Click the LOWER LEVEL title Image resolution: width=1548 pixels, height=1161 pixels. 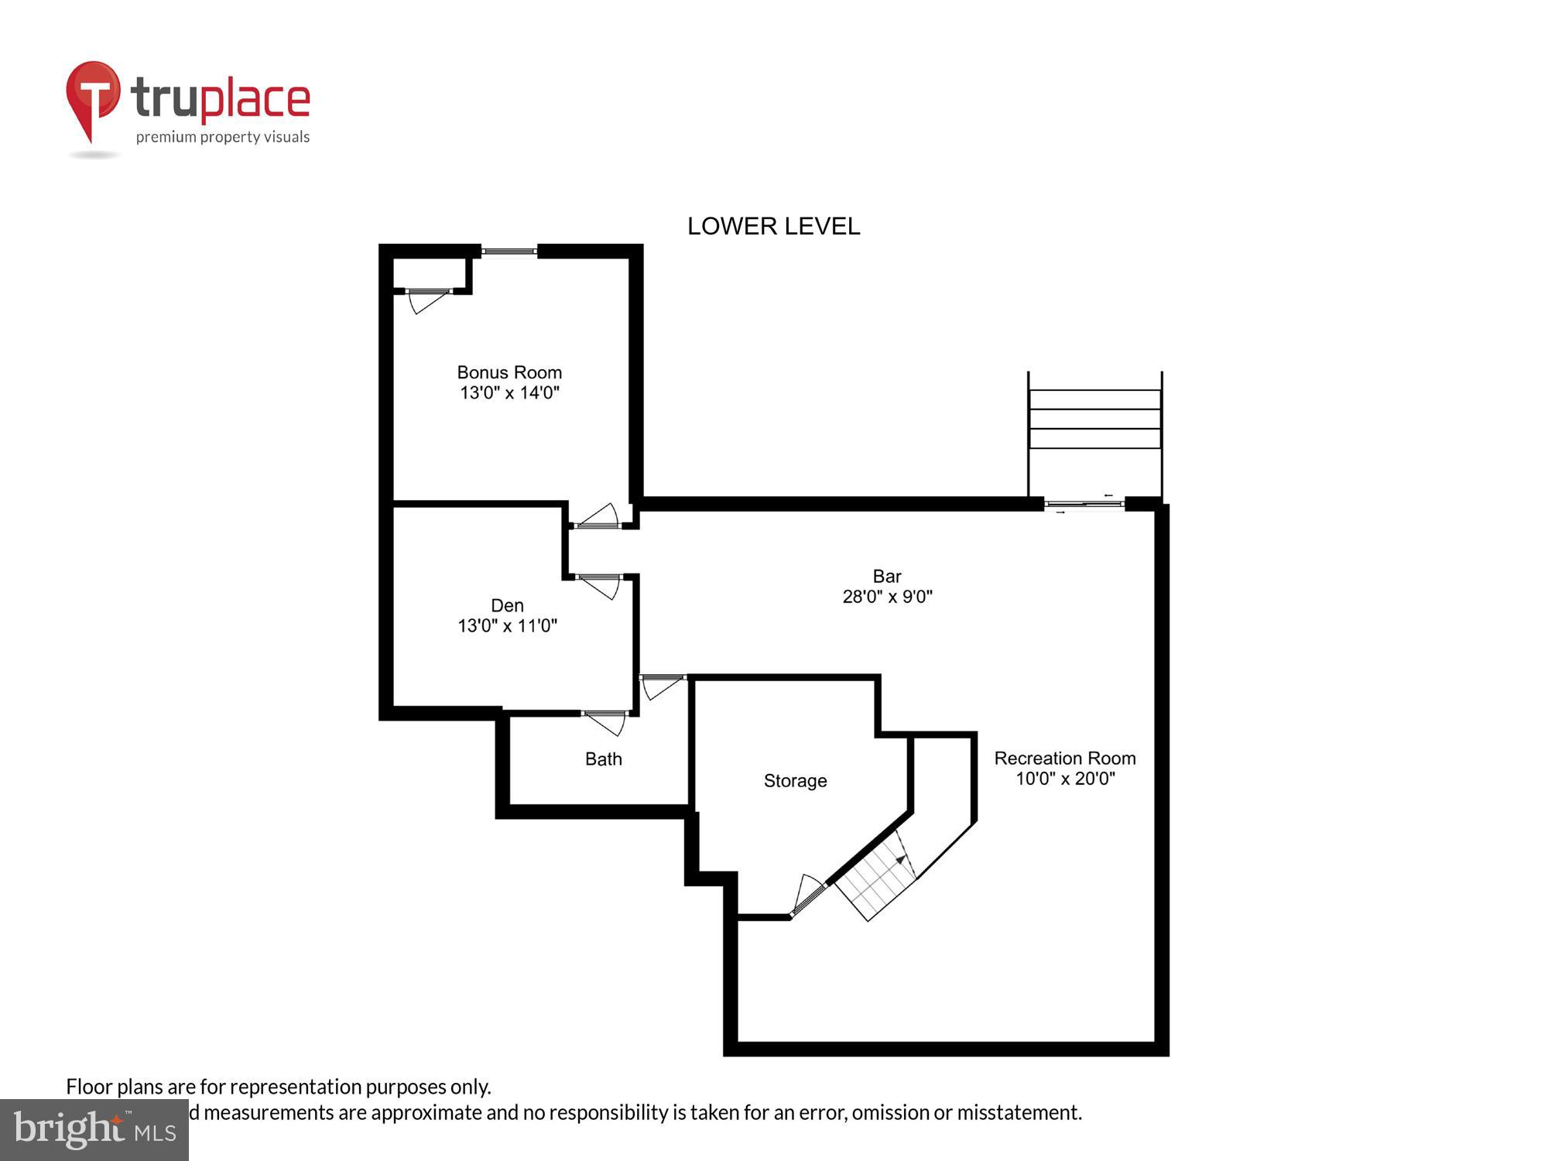pos(773,226)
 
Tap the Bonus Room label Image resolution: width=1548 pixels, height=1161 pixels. pos(509,372)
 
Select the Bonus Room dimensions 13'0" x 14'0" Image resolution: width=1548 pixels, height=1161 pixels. pos(509,392)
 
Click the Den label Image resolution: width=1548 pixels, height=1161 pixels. pos(507,605)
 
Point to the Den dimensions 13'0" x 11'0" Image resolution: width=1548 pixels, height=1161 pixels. pos(507,625)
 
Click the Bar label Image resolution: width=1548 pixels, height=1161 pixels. pos(887,576)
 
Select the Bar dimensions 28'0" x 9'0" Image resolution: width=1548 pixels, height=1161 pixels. pos(887,596)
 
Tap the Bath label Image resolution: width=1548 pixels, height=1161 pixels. pos(603,759)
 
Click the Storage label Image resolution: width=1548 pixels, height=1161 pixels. pos(795,780)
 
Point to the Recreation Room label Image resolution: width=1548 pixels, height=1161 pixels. pos(1064,758)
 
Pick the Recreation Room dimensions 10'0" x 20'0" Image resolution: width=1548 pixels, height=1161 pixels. pos(1064,778)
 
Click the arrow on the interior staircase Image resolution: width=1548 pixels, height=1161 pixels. pos(900,859)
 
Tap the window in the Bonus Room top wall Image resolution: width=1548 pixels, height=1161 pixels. pos(509,251)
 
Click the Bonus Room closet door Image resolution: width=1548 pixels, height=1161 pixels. pos(426,300)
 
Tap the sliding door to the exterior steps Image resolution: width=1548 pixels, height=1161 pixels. pos(1084,505)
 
